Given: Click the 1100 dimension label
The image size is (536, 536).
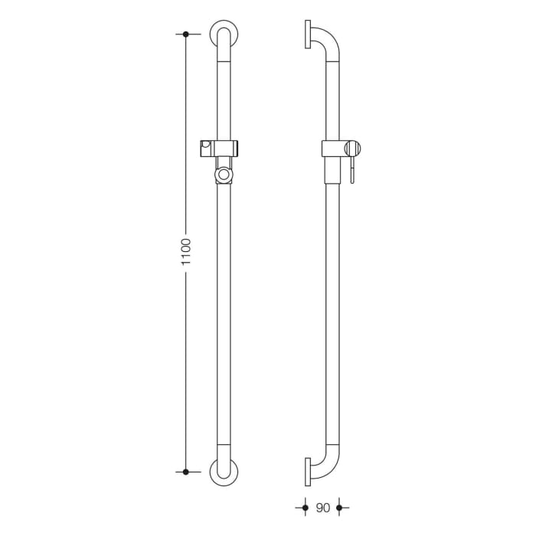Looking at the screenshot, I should pos(185,253).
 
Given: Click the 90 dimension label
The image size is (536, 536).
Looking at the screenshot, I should pos(322,508).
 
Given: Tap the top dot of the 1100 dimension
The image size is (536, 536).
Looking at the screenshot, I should pos(186,34).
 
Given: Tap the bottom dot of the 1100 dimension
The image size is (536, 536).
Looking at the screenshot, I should pos(186,472).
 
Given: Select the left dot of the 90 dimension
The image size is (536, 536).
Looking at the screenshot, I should pos(305,508).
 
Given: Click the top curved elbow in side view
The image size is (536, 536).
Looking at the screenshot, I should pos(327,40).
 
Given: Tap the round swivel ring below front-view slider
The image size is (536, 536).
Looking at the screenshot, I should pos(223,175).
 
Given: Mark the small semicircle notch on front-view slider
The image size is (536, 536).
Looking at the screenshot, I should pos(207,145).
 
